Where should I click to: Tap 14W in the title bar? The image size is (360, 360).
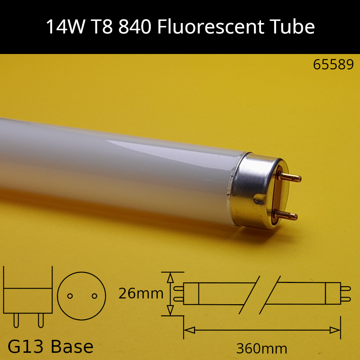click(x=63, y=27)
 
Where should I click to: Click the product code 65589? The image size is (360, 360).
click(x=333, y=65)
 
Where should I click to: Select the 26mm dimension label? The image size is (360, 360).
click(x=141, y=294)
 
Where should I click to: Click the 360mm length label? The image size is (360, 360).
click(x=262, y=348)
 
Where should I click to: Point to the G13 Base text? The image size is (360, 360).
click(x=50, y=347)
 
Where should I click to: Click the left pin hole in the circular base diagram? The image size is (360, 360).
click(x=70, y=296)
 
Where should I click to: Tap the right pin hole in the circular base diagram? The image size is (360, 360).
click(x=94, y=296)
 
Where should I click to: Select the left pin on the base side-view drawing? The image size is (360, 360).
click(x=16, y=320)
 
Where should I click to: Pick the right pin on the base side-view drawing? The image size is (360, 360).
click(x=41, y=320)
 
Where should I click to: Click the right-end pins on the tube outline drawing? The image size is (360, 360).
click(x=345, y=293)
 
